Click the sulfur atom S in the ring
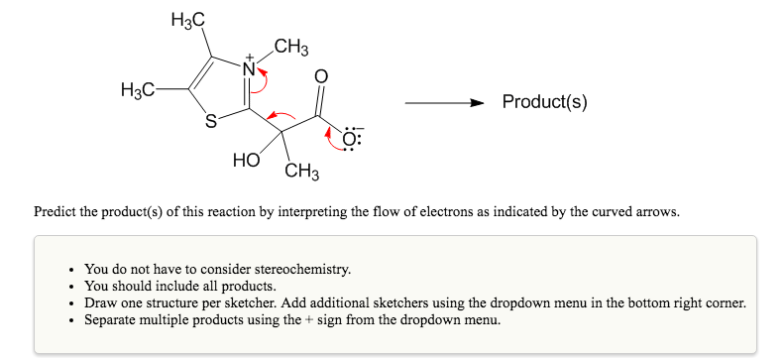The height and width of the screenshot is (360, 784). pos(210,123)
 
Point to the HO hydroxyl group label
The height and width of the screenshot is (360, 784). pos(246,160)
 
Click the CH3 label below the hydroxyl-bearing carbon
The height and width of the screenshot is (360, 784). pos(301,174)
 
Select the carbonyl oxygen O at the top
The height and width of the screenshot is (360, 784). pos(319,75)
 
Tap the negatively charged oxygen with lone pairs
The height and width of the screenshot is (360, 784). pos(352,138)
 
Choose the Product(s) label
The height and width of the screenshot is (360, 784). pos(544,102)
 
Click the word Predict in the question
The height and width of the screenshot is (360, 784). pos(54,211)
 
